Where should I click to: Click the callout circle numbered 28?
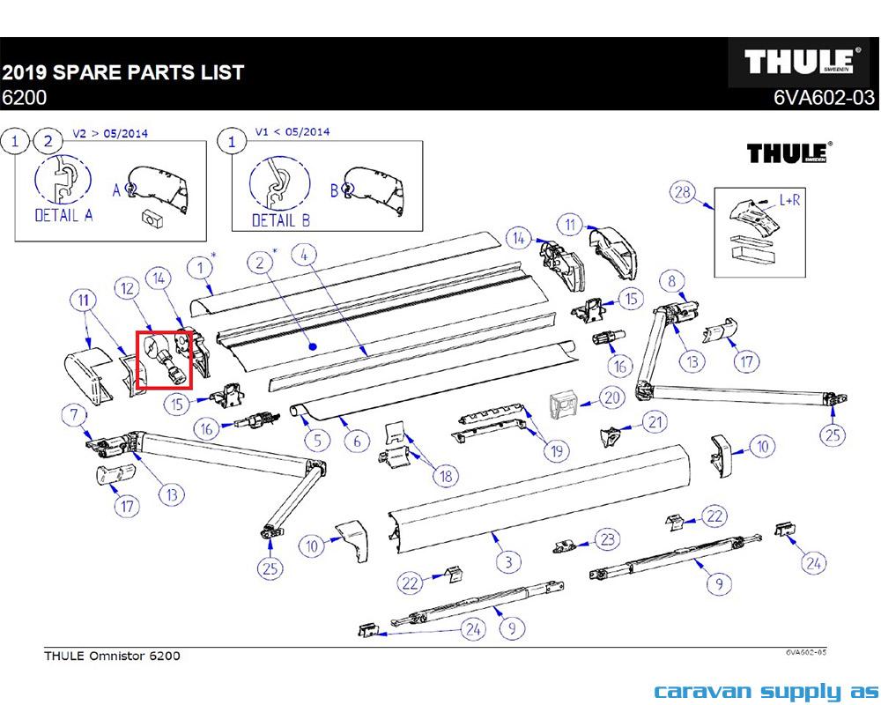coord(681,193)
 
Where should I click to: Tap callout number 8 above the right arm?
coord(673,281)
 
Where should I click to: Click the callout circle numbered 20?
coord(612,398)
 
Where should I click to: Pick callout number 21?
coord(655,422)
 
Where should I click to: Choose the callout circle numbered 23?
coord(607,538)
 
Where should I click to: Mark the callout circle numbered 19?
coord(555,452)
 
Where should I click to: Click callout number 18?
coord(447,476)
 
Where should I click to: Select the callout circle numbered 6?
coord(357,442)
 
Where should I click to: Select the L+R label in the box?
coord(790,200)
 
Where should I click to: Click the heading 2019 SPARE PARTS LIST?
coord(122,72)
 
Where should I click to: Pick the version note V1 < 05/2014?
coord(292,132)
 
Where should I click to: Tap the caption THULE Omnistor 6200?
coord(112,656)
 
